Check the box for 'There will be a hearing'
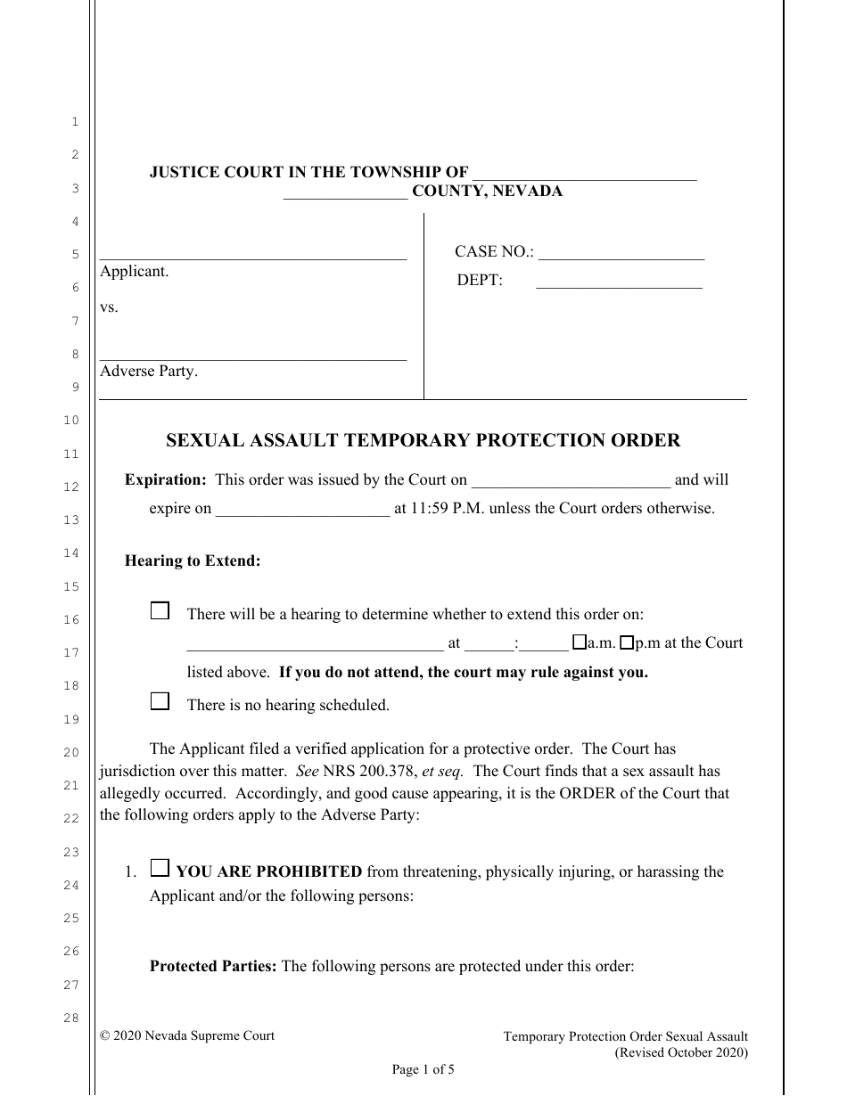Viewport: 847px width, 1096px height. pos(160,611)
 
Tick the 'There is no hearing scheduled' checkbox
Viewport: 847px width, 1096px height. pos(160,701)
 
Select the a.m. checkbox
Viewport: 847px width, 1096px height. pos(579,642)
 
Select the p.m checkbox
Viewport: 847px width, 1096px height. pos(627,642)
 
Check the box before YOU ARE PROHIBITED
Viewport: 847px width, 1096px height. pos(160,868)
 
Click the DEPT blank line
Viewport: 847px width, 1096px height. pos(619,286)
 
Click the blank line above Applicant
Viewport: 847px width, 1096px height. pos(253,257)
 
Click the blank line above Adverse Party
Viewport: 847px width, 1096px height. pos(253,357)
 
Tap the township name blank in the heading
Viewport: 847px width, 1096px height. pos(584,177)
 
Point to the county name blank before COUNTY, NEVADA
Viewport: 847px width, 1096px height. pos(346,195)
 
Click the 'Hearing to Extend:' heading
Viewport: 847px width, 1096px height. pos(193,561)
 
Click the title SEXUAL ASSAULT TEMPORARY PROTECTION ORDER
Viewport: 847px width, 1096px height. pos(423,440)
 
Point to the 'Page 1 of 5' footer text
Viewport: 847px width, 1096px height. pos(423,1070)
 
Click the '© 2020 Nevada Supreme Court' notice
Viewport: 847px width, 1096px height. pos(187,1035)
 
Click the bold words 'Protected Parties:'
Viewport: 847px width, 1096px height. pos(213,966)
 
